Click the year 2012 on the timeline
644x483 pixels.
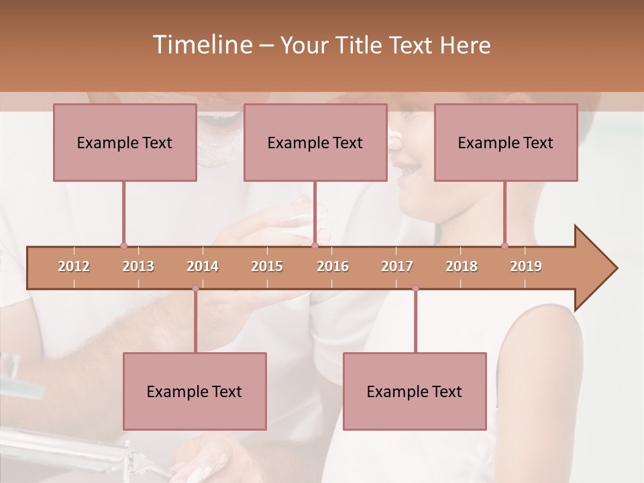(x=74, y=266)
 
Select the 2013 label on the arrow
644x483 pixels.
(x=138, y=266)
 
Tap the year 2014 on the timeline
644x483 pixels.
(x=203, y=266)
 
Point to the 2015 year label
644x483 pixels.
(x=267, y=266)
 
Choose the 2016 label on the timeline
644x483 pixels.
(x=333, y=266)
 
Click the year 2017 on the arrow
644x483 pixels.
(x=397, y=266)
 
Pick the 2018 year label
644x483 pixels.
(x=462, y=266)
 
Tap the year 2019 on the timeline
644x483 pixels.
(x=526, y=266)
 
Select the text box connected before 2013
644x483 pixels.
(x=125, y=142)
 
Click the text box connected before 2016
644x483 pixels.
(x=315, y=142)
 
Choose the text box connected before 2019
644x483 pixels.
(x=506, y=142)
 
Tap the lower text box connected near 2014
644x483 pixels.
(x=195, y=391)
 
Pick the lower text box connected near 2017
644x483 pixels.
(x=415, y=391)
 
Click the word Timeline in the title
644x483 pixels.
(x=201, y=45)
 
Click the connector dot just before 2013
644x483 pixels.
(x=123, y=246)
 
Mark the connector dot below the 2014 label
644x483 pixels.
(x=195, y=288)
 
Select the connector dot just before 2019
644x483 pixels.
(x=504, y=246)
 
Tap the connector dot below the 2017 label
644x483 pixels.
(x=415, y=288)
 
